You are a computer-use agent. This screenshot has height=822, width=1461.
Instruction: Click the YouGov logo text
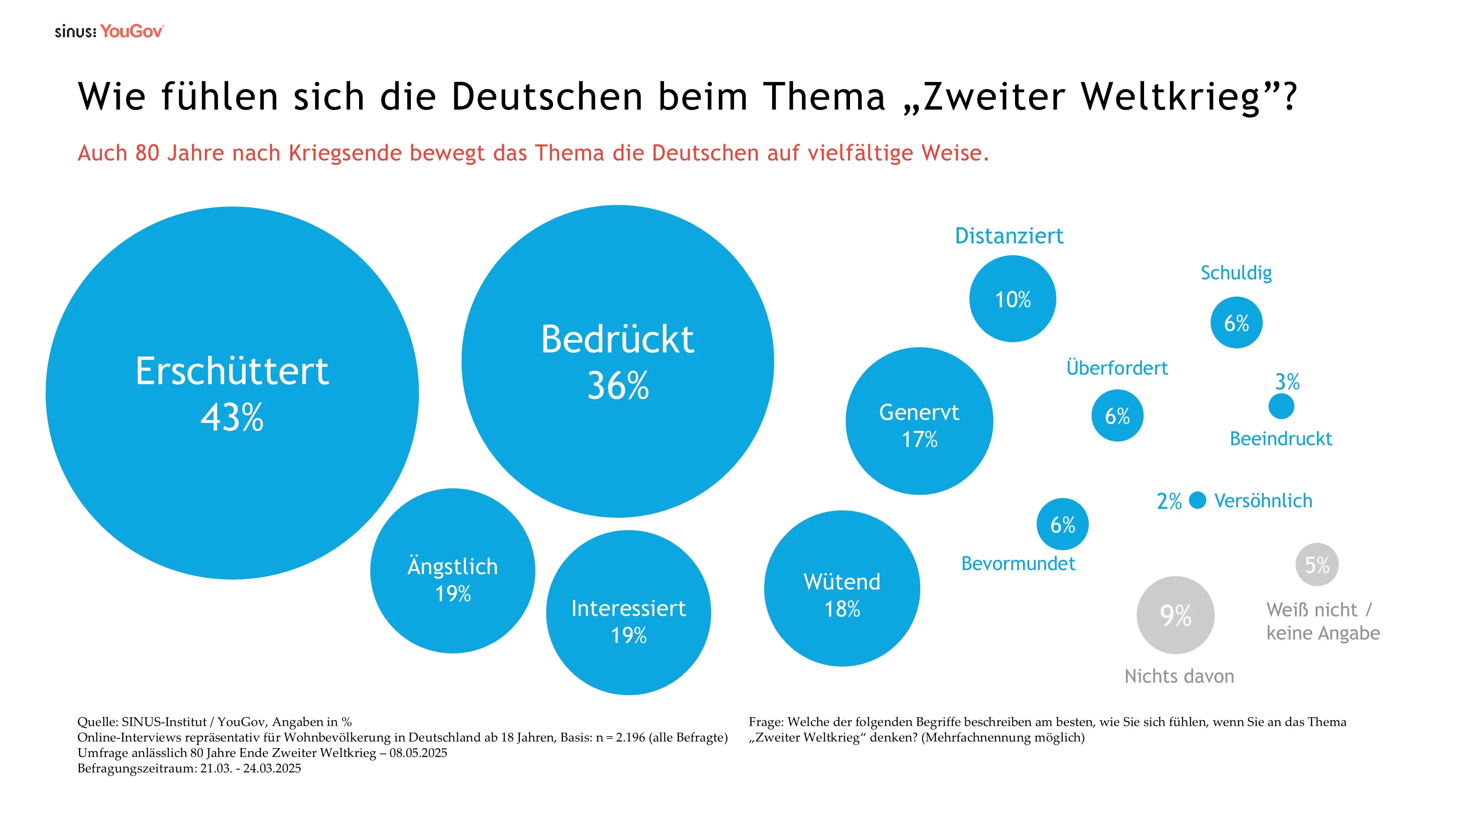(131, 31)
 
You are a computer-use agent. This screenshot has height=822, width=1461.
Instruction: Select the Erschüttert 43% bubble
(232, 392)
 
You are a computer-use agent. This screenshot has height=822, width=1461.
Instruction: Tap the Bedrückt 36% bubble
(618, 362)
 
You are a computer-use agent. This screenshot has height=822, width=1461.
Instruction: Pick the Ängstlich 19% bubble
(453, 571)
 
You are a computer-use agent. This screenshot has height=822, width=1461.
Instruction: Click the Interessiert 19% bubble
(628, 613)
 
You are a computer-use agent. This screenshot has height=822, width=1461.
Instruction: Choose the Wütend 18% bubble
(842, 588)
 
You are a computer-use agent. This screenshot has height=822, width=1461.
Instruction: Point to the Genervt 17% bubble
(920, 421)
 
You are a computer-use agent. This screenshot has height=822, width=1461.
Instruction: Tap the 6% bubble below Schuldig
(1236, 323)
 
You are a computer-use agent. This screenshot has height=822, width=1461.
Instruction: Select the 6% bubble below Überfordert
(1117, 416)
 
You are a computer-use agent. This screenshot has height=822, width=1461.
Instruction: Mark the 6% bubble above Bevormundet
(1062, 524)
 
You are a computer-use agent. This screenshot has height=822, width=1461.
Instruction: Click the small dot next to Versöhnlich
(1197, 500)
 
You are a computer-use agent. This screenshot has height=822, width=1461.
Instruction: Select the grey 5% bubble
(1317, 564)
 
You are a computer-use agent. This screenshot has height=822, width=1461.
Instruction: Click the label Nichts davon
(1179, 676)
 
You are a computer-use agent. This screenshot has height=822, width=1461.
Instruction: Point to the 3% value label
(1287, 382)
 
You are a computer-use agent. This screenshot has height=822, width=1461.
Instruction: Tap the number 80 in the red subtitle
(147, 153)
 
